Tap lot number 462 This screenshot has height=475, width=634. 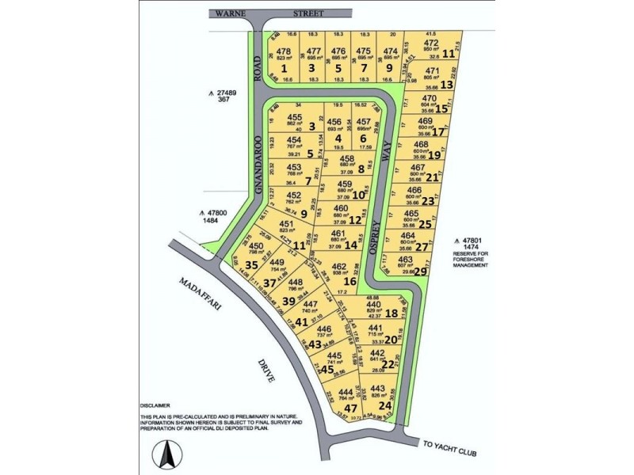(338, 267)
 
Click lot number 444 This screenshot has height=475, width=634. (346, 392)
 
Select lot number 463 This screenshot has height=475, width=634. (406, 259)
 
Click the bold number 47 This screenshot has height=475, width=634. (350, 408)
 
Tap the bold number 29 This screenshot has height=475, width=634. (421, 272)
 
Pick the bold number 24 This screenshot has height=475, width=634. (386, 405)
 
